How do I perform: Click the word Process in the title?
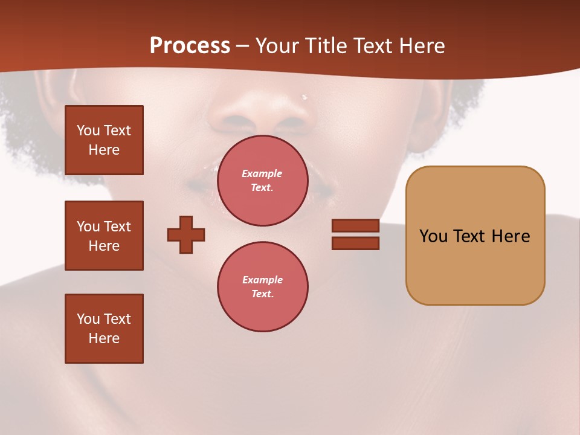coord(190,46)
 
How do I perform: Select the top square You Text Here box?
coord(104,140)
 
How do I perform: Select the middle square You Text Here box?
coord(104,236)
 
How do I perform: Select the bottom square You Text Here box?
coord(104,329)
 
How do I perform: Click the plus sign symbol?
coord(186,234)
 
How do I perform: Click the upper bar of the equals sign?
coord(355,225)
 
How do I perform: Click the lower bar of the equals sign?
coord(355,243)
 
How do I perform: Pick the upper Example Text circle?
coord(263,181)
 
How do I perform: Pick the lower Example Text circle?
coord(263,287)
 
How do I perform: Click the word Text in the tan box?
coord(470,236)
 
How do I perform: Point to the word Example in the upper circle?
coord(262,173)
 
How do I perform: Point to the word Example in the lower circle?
coord(262,280)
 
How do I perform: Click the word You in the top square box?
coord(88,130)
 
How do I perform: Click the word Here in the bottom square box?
coord(104,338)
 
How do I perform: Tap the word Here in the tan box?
coord(511,236)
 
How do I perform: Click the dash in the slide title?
coord(243,46)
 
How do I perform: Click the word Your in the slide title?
coord(275,46)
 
